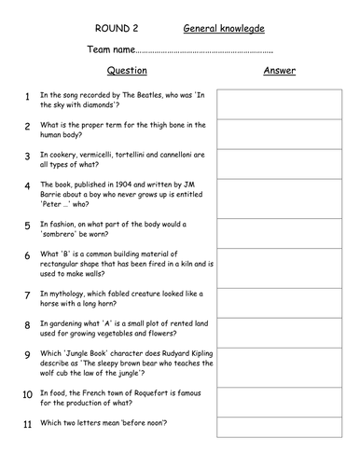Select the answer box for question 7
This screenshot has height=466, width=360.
click(x=279, y=296)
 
